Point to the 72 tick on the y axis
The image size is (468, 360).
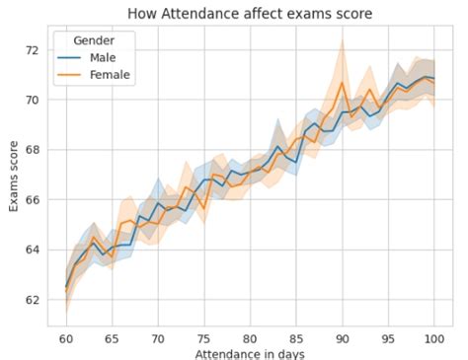point(33,50)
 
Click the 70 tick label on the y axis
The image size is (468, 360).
point(33,101)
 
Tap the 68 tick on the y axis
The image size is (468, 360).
point(33,150)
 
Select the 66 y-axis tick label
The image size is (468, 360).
point(33,200)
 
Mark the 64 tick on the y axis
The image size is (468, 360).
point(33,250)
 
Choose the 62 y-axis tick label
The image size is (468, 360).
point(33,300)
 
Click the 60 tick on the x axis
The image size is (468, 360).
point(65,338)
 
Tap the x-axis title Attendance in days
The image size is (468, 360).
point(250,353)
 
